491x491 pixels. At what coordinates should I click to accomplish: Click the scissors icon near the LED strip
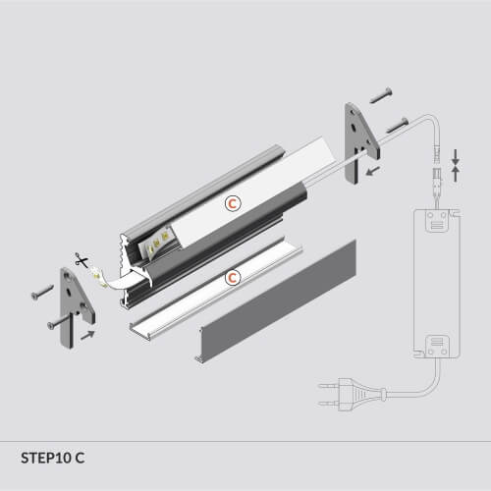point(81,260)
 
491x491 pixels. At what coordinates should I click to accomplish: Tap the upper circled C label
point(233,203)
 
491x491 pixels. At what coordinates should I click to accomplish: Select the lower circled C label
point(233,278)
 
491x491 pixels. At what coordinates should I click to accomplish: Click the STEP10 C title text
point(53,458)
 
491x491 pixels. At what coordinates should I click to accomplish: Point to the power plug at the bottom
point(352,395)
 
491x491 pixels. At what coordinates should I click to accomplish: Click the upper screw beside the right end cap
point(381,96)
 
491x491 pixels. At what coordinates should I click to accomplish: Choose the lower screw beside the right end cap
point(398,126)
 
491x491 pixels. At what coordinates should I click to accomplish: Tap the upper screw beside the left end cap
point(42,292)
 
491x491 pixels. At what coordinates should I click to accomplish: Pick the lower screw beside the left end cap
point(59,321)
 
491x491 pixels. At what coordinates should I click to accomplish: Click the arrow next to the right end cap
point(373,171)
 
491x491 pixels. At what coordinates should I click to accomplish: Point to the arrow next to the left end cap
point(87,335)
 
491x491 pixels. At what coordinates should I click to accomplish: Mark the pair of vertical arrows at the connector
point(456,165)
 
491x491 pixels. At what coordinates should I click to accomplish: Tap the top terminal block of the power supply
point(437,221)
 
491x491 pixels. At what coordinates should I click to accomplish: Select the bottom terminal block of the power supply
point(437,347)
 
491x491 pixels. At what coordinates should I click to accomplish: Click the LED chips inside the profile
point(156,244)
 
